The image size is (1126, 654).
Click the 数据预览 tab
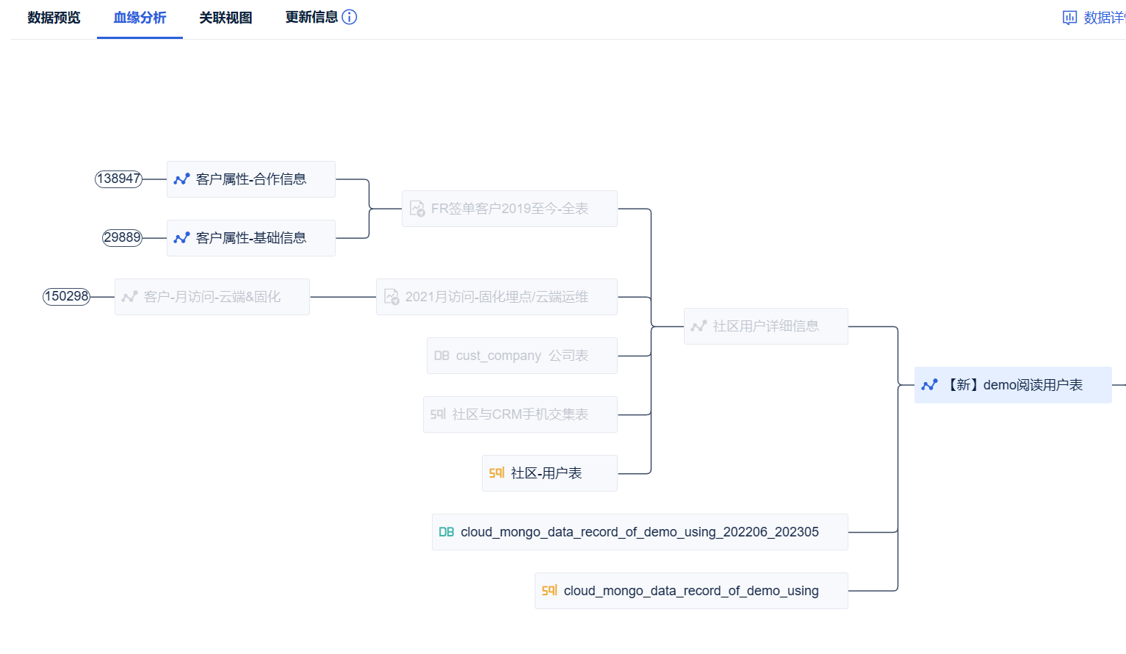coord(54,18)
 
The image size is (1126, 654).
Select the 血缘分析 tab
coord(140,18)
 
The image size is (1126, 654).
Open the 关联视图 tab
coord(225,18)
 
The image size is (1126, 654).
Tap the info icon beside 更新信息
coord(350,17)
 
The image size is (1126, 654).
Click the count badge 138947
coord(118,179)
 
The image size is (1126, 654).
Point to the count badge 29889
coord(122,238)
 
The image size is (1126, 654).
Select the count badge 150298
coord(66,297)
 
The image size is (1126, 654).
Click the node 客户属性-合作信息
coord(250,179)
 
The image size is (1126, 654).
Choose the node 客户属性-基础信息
coord(250,238)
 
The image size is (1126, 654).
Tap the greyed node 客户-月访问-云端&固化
coord(212,297)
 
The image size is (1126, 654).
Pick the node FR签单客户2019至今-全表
coord(509,209)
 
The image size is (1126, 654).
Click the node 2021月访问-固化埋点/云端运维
coord(497,297)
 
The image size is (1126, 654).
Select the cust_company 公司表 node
coord(522,356)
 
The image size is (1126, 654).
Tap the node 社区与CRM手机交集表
coord(520,414)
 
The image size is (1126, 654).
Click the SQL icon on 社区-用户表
coord(497,473)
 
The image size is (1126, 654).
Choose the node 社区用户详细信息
coord(765,326)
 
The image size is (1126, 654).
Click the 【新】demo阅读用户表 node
coord(1013,385)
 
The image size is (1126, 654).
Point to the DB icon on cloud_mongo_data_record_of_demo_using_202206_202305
coord(447,532)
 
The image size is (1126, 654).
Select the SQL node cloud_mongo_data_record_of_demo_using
coord(690,591)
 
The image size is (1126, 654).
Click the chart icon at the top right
coord(1069,18)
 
